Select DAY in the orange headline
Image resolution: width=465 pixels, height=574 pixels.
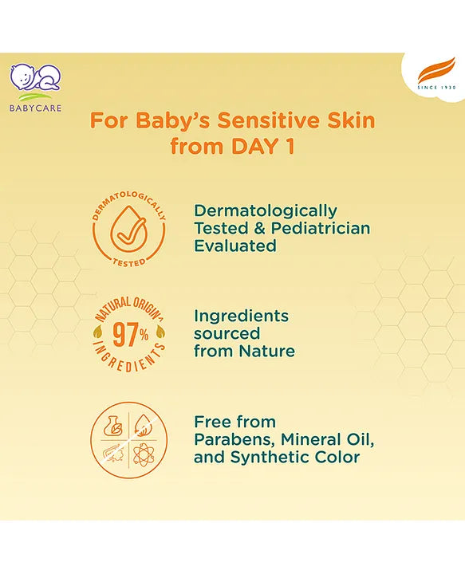(243, 146)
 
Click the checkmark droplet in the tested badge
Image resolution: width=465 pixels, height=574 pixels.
(128, 231)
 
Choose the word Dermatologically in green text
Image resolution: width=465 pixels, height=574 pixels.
(266, 210)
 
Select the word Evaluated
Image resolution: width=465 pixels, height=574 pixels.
(235, 246)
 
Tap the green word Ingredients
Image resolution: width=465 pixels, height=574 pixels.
(241, 316)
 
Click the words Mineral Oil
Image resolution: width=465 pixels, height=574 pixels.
(327, 439)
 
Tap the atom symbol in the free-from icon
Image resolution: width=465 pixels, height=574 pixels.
(148, 458)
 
